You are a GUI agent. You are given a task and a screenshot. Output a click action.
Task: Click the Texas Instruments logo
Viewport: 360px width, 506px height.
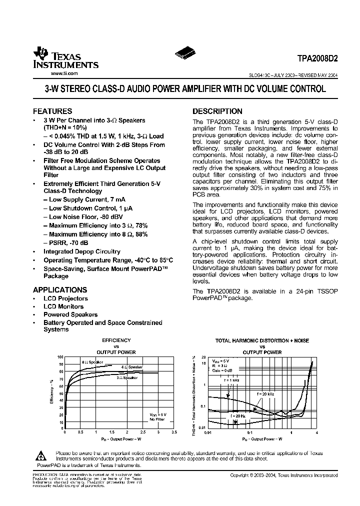pyautogui.click(x=65, y=59)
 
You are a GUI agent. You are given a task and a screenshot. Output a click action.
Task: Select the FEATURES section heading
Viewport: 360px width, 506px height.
pyautogui.click(x=52, y=111)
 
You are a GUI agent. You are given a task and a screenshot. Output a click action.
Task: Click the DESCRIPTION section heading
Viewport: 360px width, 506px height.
pyautogui.click(x=217, y=111)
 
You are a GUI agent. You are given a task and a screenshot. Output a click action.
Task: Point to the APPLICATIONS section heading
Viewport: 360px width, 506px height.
pyautogui.click(x=60, y=289)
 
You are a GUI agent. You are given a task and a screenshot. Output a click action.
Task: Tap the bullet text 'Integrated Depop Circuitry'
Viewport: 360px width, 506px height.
pyautogui.click(x=82, y=251)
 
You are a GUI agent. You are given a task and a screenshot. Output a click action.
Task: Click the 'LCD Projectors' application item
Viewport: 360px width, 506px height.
pyautogui.click(x=65, y=298)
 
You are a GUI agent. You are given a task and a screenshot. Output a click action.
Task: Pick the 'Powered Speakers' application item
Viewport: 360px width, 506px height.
pyautogui.click(x=70, y=314)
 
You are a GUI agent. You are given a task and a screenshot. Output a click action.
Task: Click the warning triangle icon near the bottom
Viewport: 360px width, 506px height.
pyautogui.click(x=40, y=455)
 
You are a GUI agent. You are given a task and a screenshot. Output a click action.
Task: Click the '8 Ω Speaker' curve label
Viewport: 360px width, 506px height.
pyautogui.click(x=93, y=361)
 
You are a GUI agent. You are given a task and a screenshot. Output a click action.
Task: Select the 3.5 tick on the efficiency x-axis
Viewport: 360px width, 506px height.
pyautogui.click(x=174, y=431)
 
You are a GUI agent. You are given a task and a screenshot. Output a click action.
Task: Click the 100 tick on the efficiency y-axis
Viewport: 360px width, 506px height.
pyautogui.click(x=60, y=357)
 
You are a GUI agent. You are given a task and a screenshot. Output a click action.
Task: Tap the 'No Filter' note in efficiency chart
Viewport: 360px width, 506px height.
pyautogui.click(x=157, y=418)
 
